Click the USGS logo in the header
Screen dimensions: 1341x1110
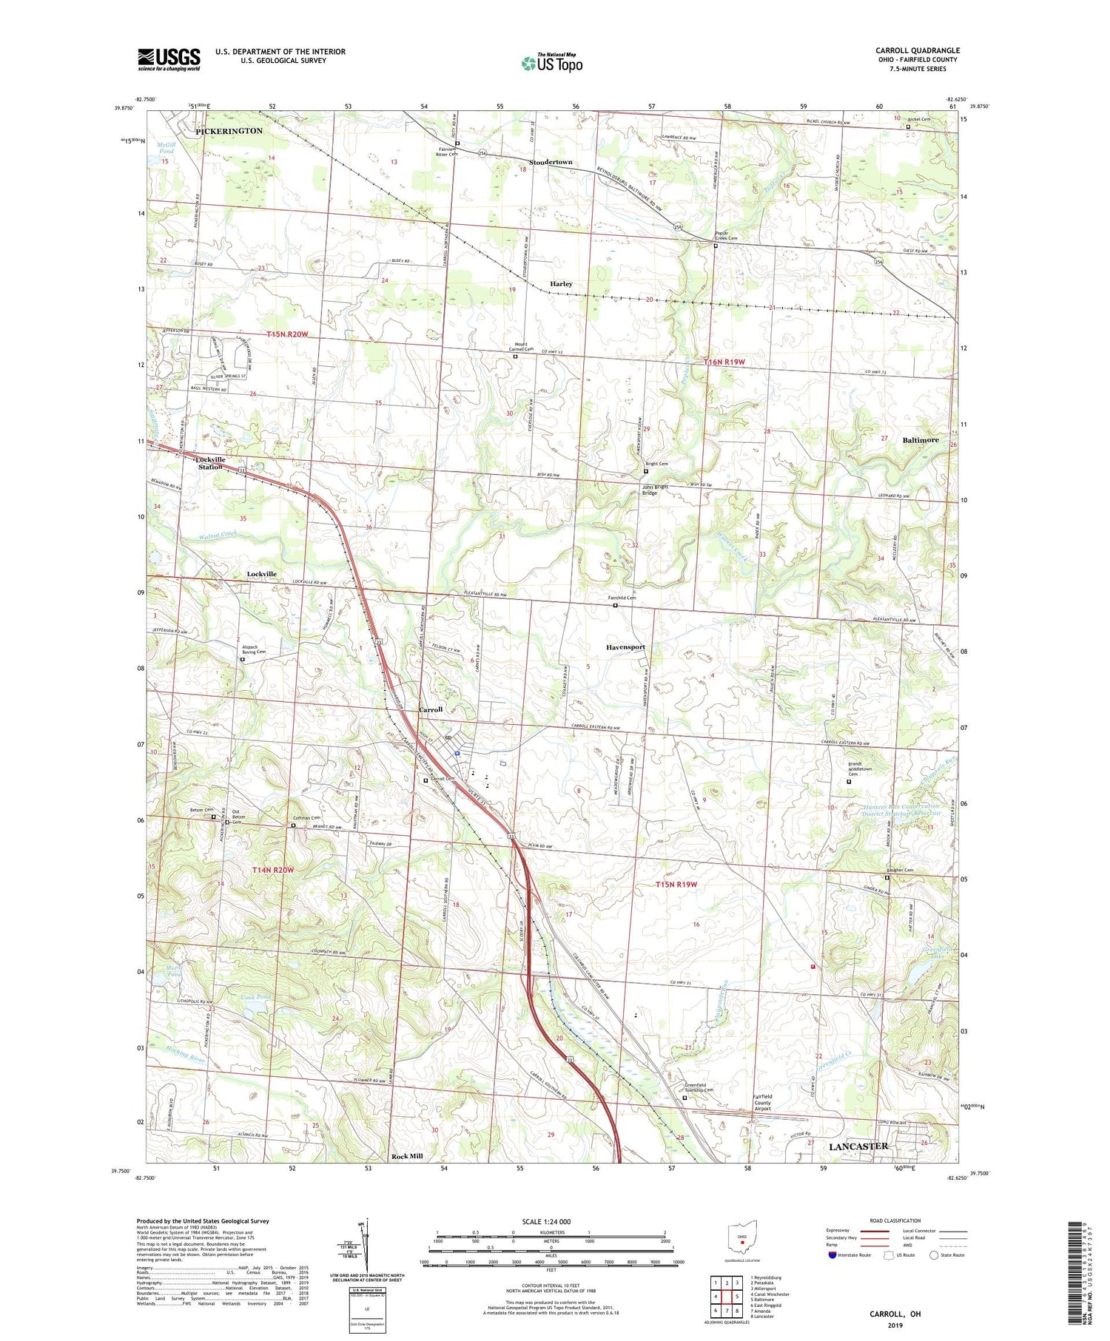coord(169,59)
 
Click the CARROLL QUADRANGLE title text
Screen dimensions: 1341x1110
coord(917,50)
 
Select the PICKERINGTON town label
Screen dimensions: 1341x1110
coord(229,131)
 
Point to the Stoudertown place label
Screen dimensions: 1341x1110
coord(550,162)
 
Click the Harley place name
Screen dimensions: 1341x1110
coord(561,284)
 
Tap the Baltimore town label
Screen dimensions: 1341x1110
coord(920,440)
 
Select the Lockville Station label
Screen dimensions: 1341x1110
coord(211,463)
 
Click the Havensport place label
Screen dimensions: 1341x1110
coord(625,646)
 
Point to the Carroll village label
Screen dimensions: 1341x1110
coord(431,709)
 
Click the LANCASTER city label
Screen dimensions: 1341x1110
coord(858,1146)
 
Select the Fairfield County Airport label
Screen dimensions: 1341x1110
coord(762,1102)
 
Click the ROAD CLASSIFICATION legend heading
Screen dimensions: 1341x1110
coord(895,1220)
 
